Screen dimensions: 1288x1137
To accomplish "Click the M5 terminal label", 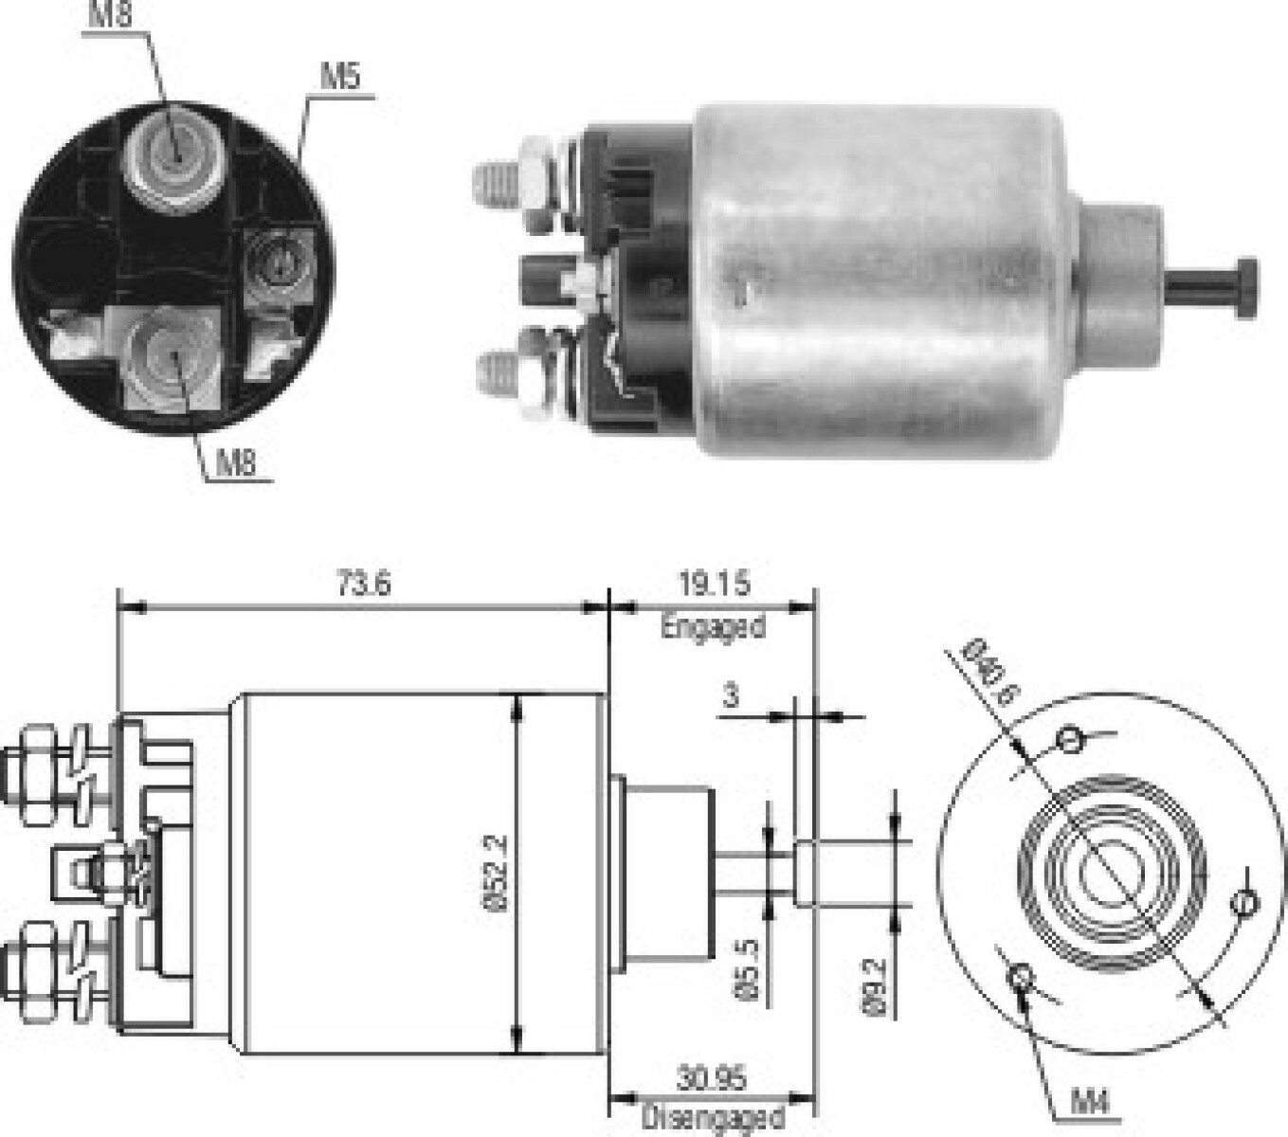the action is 340,77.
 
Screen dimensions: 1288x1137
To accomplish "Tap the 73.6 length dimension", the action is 362,584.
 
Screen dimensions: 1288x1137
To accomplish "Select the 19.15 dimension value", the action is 715,584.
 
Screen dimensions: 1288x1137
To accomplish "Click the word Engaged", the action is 713,627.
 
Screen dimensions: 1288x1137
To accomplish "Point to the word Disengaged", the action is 712,1117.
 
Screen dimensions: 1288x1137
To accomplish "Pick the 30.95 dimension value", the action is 712,1078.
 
